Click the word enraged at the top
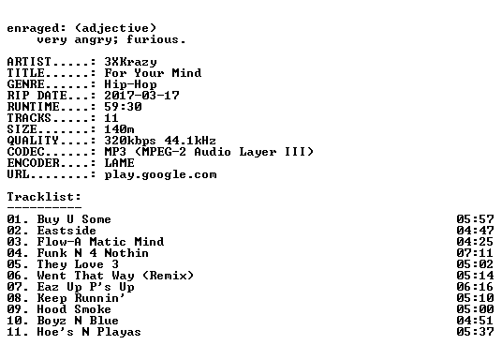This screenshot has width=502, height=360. point(33,29)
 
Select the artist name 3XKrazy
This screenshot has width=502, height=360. point(130,62)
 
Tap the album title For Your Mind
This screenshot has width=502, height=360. point(153,73)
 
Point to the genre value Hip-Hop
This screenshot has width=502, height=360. point(130,84)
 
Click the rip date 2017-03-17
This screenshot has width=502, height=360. point(141,96)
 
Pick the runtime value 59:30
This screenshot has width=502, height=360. point(123,107)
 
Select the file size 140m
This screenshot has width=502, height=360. point(119,129)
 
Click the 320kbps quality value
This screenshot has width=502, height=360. point(130,141)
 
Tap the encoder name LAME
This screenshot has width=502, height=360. point(119,163)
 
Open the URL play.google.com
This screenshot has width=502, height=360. point(160,174)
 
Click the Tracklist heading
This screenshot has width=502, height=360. point(44,197)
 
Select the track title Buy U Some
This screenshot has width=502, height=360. point(74,219)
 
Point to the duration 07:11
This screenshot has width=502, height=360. point(475,253)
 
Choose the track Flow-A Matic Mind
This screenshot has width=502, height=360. point(100,242)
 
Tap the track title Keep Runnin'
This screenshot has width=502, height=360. point(81,298)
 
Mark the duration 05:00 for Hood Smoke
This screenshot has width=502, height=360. point(475,309)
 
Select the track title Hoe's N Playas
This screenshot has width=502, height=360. point(89,332)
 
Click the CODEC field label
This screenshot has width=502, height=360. point(25,152)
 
